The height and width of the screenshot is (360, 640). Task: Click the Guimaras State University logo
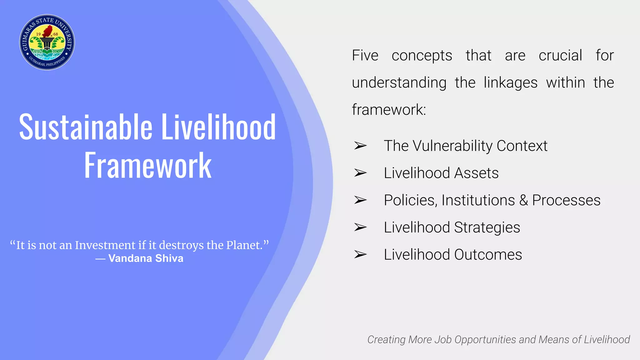click(x=47, y=42)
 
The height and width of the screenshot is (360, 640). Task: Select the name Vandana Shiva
click(x=146, y=258)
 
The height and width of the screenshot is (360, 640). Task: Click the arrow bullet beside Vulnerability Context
click(x=360, y=146)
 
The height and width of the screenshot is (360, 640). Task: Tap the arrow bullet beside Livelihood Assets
click(x=360, y=173)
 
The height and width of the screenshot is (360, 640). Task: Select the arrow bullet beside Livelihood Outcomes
click(x=360, y=254)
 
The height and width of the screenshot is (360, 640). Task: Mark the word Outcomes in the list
click(x=488, y=255)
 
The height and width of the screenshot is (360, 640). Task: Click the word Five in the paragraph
click(x=365, y=56)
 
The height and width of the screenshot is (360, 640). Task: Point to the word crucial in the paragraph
click(x=560, y=56)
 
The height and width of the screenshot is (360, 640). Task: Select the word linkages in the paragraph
click(x=510, y=83)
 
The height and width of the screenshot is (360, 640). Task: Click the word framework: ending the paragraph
click(x=389, y=110)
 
